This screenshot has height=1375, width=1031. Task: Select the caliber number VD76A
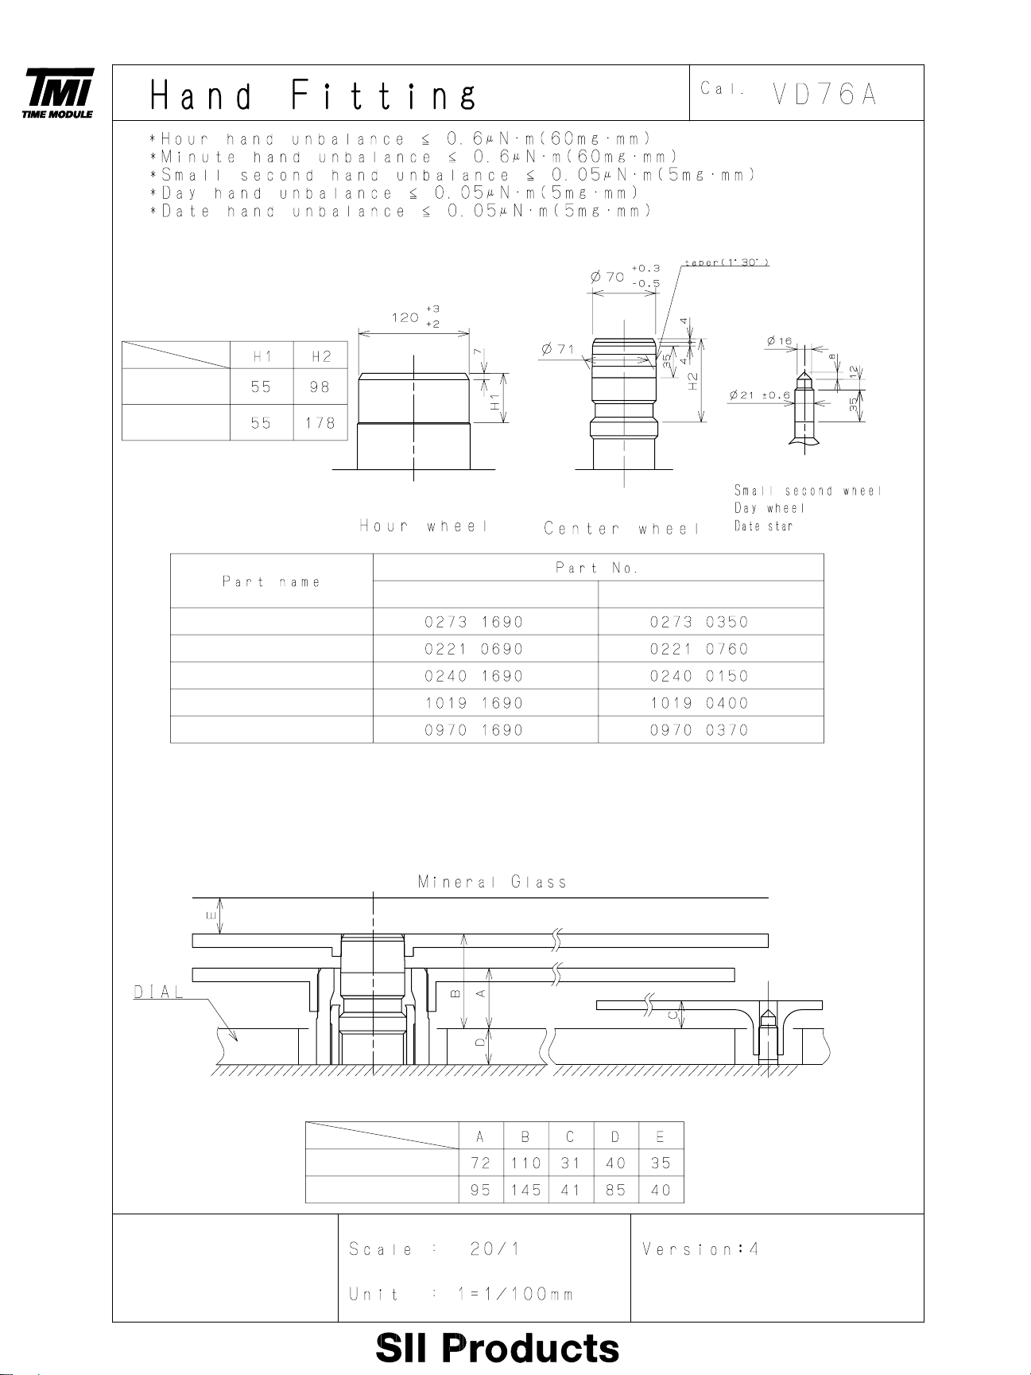(x=824, y=95)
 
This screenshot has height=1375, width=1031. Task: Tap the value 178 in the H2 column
(x=320, y=423)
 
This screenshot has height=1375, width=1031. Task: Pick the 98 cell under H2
(x=320, y=387)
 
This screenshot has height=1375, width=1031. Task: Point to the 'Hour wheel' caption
(x=423, y=526)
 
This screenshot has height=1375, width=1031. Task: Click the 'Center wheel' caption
(x=622, y=529)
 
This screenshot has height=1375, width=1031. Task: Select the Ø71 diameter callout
(x=558, y=349)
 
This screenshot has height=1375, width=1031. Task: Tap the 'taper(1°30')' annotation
(x=727, y=262)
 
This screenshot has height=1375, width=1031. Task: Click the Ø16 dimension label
(x=780, y=341)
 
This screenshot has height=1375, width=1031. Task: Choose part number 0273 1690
(x=474, y=622)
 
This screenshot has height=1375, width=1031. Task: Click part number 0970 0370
(x=699, y=730)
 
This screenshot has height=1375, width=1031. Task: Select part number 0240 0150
(x=699, y=676)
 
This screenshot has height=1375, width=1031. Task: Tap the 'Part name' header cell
(x=271, y=582)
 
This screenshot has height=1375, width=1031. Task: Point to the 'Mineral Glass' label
(x=493, y=882)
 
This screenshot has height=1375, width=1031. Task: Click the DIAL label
(x=159, y=992)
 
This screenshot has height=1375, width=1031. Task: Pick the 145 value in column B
(x=525, y=1191)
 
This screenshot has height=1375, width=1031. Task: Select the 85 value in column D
(x=615, y=1191)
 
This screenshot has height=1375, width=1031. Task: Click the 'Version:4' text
(x=700, y=1249)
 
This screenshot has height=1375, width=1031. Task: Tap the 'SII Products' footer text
(x=497, y=1348)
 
